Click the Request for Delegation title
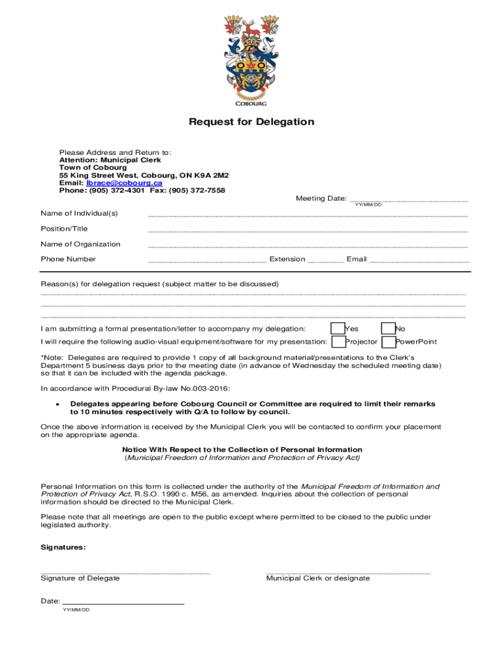point(252,122)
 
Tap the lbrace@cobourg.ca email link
point(124,183)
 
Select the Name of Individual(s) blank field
point(308,214)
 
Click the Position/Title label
point(64,229)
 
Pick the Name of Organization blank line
point(308,245)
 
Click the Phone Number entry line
point(206,260)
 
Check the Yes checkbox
point(338,329)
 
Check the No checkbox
point(388,329)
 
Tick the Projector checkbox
point(338,342)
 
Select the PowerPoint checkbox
point(388,342)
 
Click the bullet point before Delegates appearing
point(59,404)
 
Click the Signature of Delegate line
point(125,572)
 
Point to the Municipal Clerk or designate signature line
point(348,572)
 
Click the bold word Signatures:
point(63,547)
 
